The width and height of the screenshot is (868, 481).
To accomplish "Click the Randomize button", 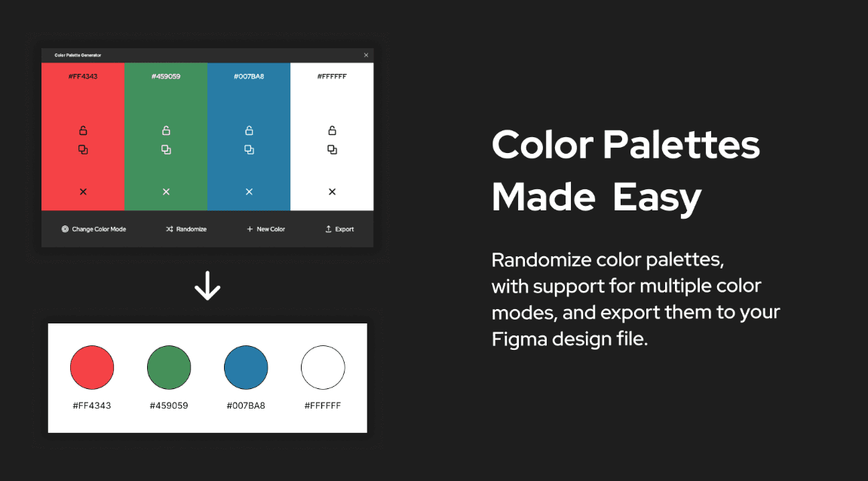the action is (x=186, y=229).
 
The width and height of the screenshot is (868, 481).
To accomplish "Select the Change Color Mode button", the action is (x=94, y=229).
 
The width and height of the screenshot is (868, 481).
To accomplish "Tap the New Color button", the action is (x=265, y=229).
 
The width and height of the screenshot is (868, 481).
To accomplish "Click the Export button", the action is (x=339, y=229).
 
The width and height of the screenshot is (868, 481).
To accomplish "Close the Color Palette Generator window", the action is (x=366, y=55).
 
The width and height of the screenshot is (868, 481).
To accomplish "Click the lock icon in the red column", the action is (x=83, y=130).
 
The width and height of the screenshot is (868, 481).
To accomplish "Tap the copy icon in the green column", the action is (x=166, y=149).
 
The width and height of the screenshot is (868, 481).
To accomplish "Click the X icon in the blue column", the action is (x=249, y=191).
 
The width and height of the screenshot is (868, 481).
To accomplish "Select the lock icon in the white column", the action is (x=332, y=130).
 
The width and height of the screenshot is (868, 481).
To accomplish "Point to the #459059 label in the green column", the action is (x=166, y=76).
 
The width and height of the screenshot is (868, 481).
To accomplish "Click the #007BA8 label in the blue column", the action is (x=249, y=76).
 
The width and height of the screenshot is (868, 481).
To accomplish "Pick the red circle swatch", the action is (x=92, y=367).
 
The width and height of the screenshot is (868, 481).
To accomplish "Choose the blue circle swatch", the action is (x=246, y=367).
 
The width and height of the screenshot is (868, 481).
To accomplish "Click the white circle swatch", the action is (x=323, y=367).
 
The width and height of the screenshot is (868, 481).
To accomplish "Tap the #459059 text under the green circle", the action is (x=169, y=406).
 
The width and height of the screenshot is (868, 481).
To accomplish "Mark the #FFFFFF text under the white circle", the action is (x=323, y=406).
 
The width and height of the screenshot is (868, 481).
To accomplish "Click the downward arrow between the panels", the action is (x=207, y=286).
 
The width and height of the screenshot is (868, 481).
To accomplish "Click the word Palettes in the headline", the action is (x=682, y=145).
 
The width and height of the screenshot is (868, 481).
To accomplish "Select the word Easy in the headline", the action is (x=657, y=198).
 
